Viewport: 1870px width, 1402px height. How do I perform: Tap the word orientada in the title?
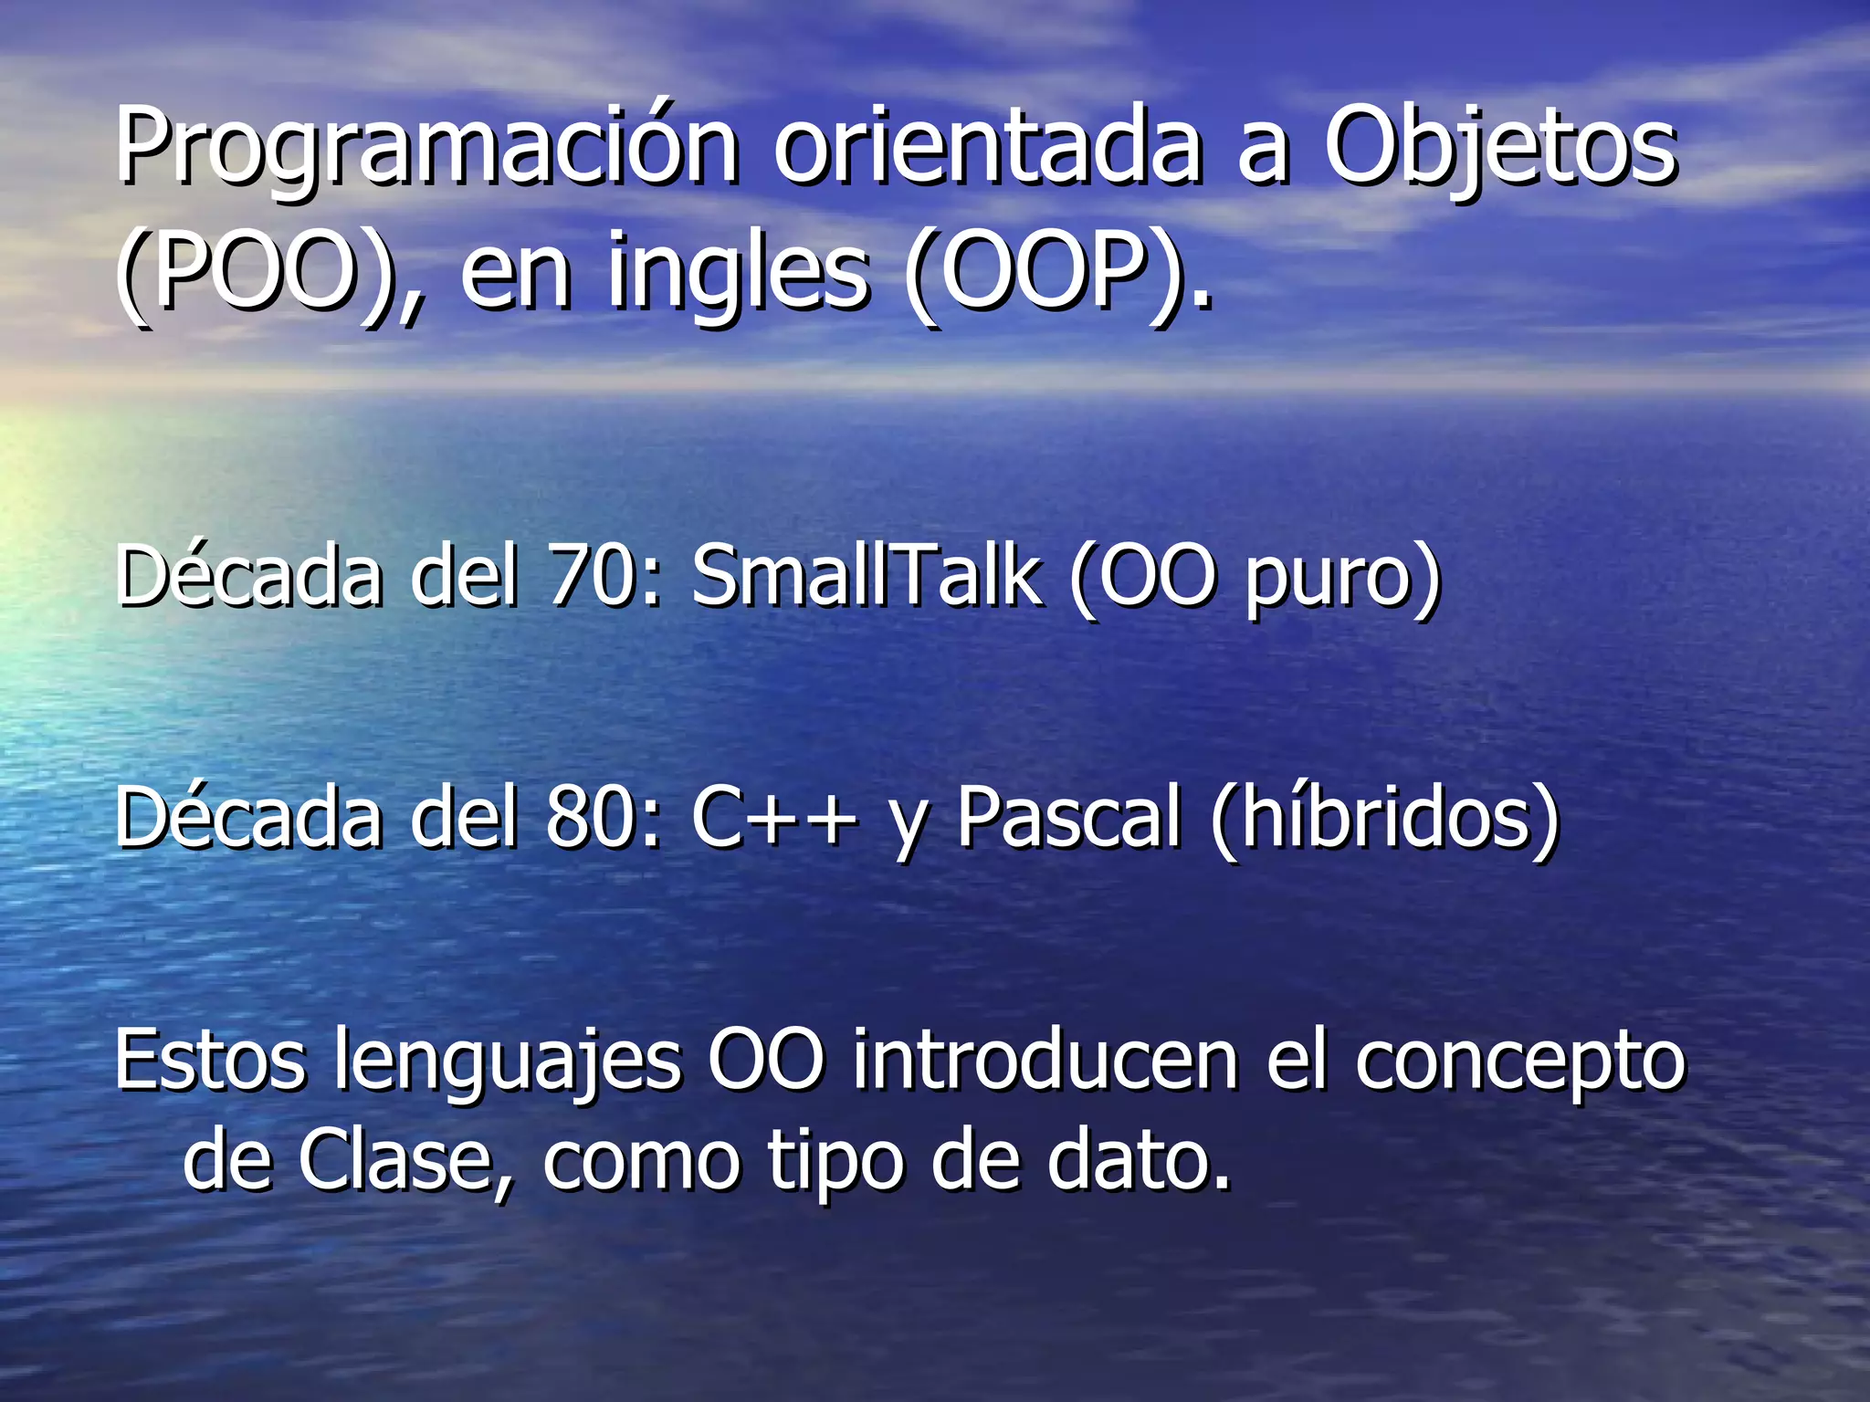(x=986, y=146)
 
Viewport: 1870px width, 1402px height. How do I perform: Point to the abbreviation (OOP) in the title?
(x=1050, y=272)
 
